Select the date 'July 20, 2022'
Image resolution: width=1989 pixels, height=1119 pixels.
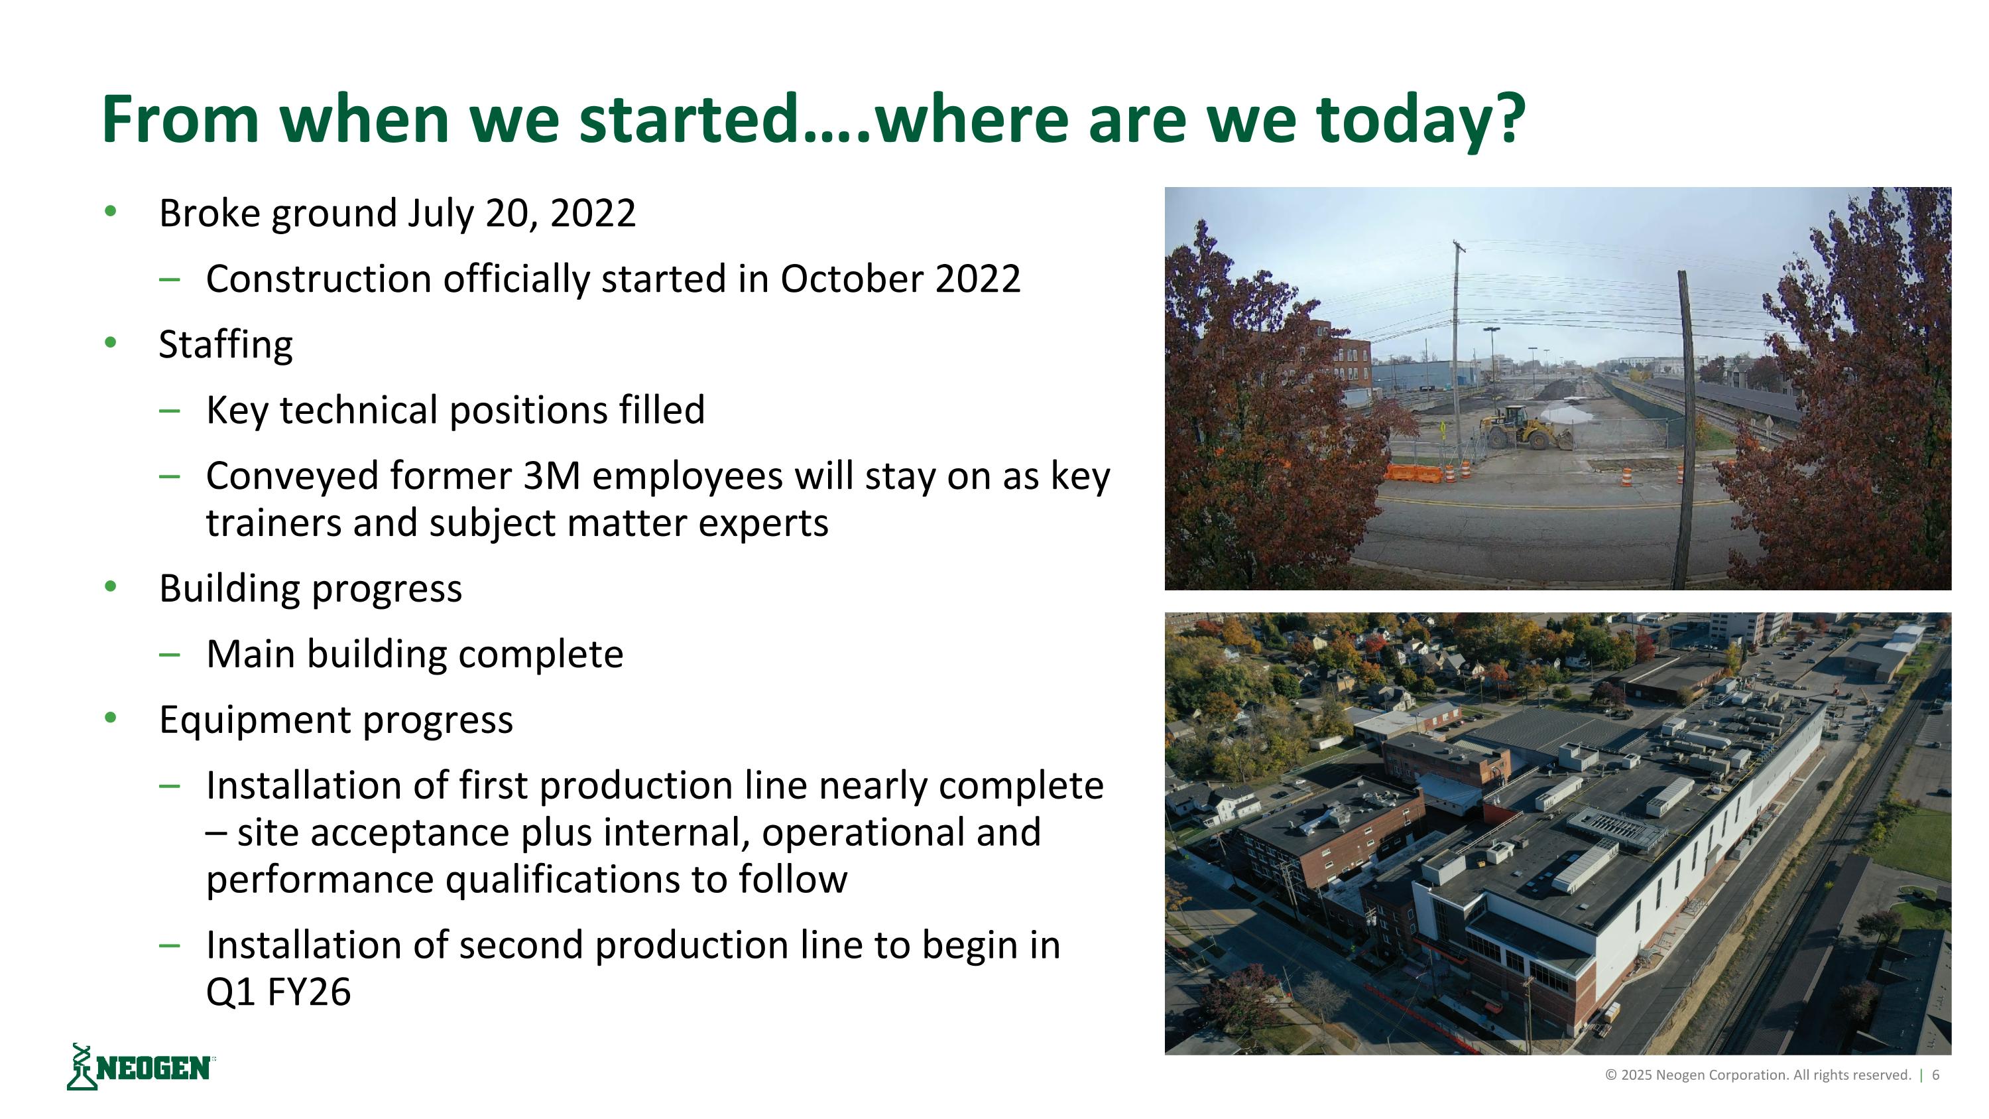[521, 213]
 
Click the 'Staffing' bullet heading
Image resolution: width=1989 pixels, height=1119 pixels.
[225, 344]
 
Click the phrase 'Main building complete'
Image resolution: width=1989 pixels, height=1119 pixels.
[414, 654]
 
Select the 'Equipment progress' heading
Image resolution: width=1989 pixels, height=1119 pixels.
[336, 720]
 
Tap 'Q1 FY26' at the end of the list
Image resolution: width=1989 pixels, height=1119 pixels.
[278, 992]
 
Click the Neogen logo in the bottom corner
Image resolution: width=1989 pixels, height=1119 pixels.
[141, 1067]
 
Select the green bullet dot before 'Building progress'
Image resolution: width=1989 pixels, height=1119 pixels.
[111, 588]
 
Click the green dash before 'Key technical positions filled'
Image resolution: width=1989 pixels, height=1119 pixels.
[169, 411]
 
